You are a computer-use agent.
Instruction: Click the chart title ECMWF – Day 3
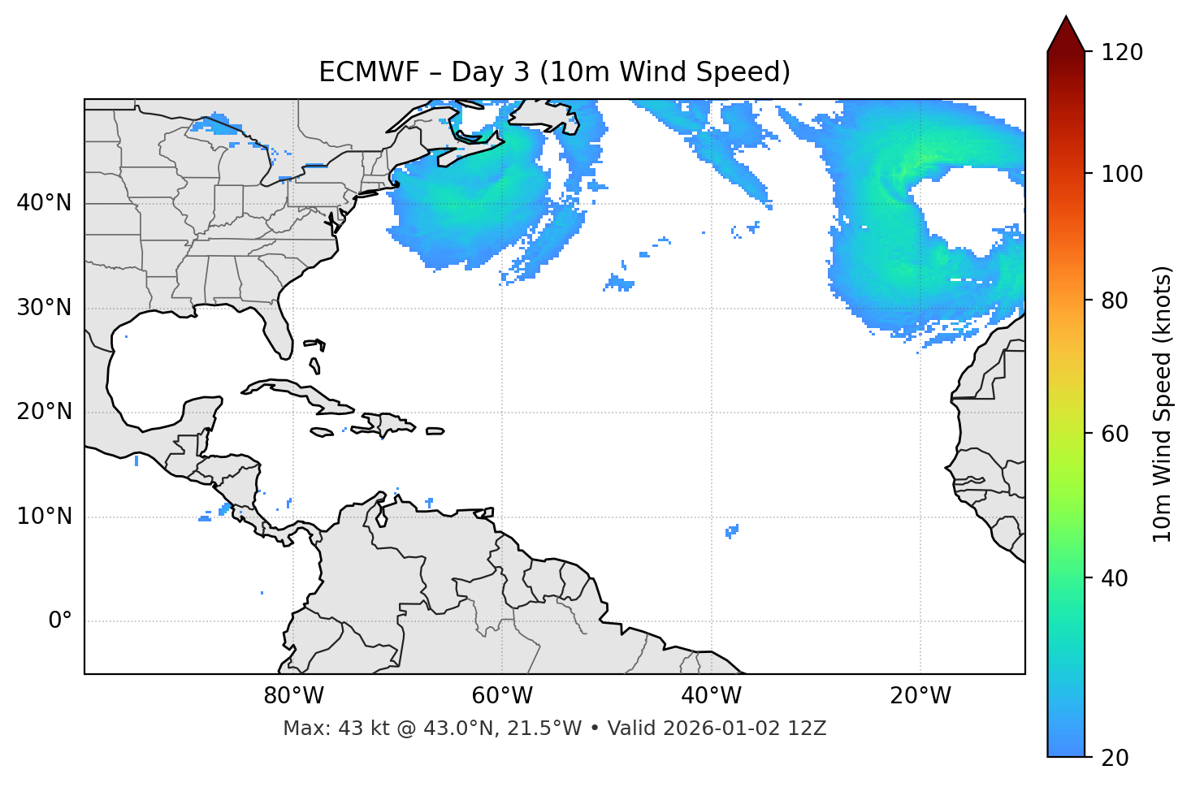[554, 72]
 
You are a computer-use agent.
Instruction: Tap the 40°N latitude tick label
[44, 203]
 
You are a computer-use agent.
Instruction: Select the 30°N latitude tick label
[44, 308]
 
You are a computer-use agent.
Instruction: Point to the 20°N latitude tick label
[44, 412]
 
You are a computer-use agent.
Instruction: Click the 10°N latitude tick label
[44, 517]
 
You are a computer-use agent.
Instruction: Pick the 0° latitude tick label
[59, 621]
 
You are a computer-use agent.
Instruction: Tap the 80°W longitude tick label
[293, 696]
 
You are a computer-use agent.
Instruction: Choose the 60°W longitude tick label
[502, 696]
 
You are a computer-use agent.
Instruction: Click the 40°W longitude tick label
[711, 696]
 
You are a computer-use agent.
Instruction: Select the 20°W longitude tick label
[920, 696]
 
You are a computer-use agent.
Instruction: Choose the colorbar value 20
[1115, 758]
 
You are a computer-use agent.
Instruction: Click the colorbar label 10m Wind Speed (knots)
[1163, 404]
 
